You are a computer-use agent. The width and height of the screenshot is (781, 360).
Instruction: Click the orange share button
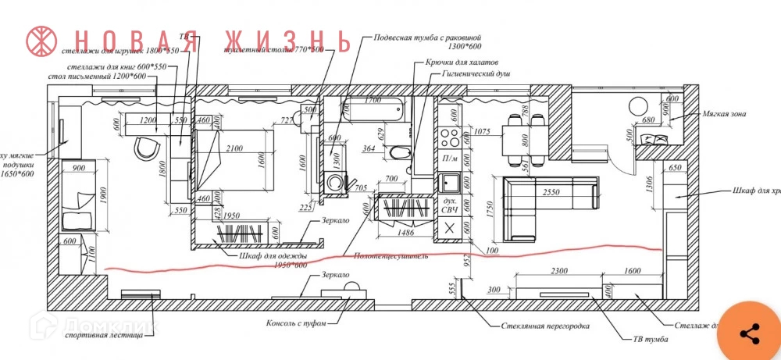click(750, 333)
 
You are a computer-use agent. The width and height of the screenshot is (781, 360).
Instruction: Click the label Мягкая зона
click(723, 114)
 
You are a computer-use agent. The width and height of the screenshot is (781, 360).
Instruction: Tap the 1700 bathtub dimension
click(372, 101)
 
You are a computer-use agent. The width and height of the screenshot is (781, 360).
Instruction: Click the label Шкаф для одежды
click(268, 256)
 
